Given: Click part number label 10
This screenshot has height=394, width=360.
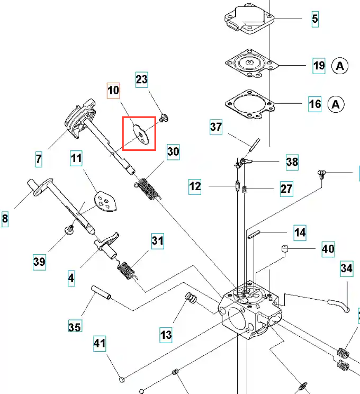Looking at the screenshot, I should pyautogui.click(x=114, y=91).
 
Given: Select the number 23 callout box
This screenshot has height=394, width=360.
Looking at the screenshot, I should pyautogui.click(x=142, y=79).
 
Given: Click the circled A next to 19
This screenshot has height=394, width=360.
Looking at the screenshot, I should pyautogui.click(x=340, y=66).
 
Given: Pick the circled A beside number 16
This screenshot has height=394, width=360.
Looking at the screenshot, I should pyautogui.click(x=336, y=104).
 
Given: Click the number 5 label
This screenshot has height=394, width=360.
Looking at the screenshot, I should pyautogui.click(x=315, y=20).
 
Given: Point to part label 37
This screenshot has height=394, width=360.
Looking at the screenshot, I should pyautogui.click(x=216, y=127).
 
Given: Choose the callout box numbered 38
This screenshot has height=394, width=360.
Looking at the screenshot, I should pyautogui.click(x=292, y=162).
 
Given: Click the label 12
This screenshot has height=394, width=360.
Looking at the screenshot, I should pyautogui.click(x=195, y=186).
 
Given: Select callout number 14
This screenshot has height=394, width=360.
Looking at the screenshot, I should pyautogui.click(x=300, y=232).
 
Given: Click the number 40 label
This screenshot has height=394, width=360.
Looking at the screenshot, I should pyautogui.click(x=328, y=248).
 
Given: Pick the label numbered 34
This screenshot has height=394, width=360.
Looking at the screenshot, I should pyautogui.click(x=346, y=269).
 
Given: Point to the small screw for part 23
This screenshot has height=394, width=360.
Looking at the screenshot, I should pyautogui.click(x=163, y=117).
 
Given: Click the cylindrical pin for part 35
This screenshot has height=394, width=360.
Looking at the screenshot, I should pyautogui.click(x=101, y=292).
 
